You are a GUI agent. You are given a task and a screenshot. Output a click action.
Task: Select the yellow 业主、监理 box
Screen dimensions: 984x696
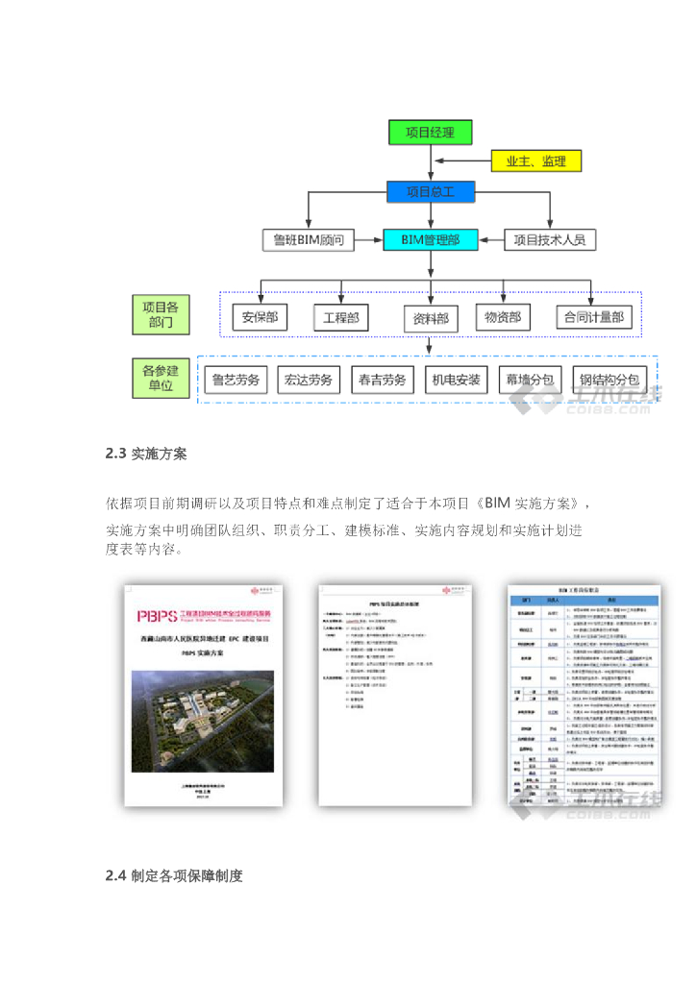[535, 160]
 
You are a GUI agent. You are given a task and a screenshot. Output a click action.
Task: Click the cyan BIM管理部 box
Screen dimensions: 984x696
[430, 239]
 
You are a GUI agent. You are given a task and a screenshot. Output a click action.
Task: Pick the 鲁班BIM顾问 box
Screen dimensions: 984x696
[309, 239]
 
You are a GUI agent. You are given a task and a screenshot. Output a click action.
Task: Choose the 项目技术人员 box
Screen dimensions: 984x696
[550, 239]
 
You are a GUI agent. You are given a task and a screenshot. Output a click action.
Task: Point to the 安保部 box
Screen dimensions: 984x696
[260, 317]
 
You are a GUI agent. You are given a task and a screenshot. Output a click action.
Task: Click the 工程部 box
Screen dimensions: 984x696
[341, 317]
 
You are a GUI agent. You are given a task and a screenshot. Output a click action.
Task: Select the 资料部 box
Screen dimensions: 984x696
[430, 318]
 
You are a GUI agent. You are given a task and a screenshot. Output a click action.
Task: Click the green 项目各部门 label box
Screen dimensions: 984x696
[161, 315]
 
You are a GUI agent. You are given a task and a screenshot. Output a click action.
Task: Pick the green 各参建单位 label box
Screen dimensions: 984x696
[161, 378]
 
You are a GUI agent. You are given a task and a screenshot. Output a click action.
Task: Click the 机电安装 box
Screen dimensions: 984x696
[456, 380]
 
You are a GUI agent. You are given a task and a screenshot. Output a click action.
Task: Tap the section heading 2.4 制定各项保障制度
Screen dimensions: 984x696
[174, 875]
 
